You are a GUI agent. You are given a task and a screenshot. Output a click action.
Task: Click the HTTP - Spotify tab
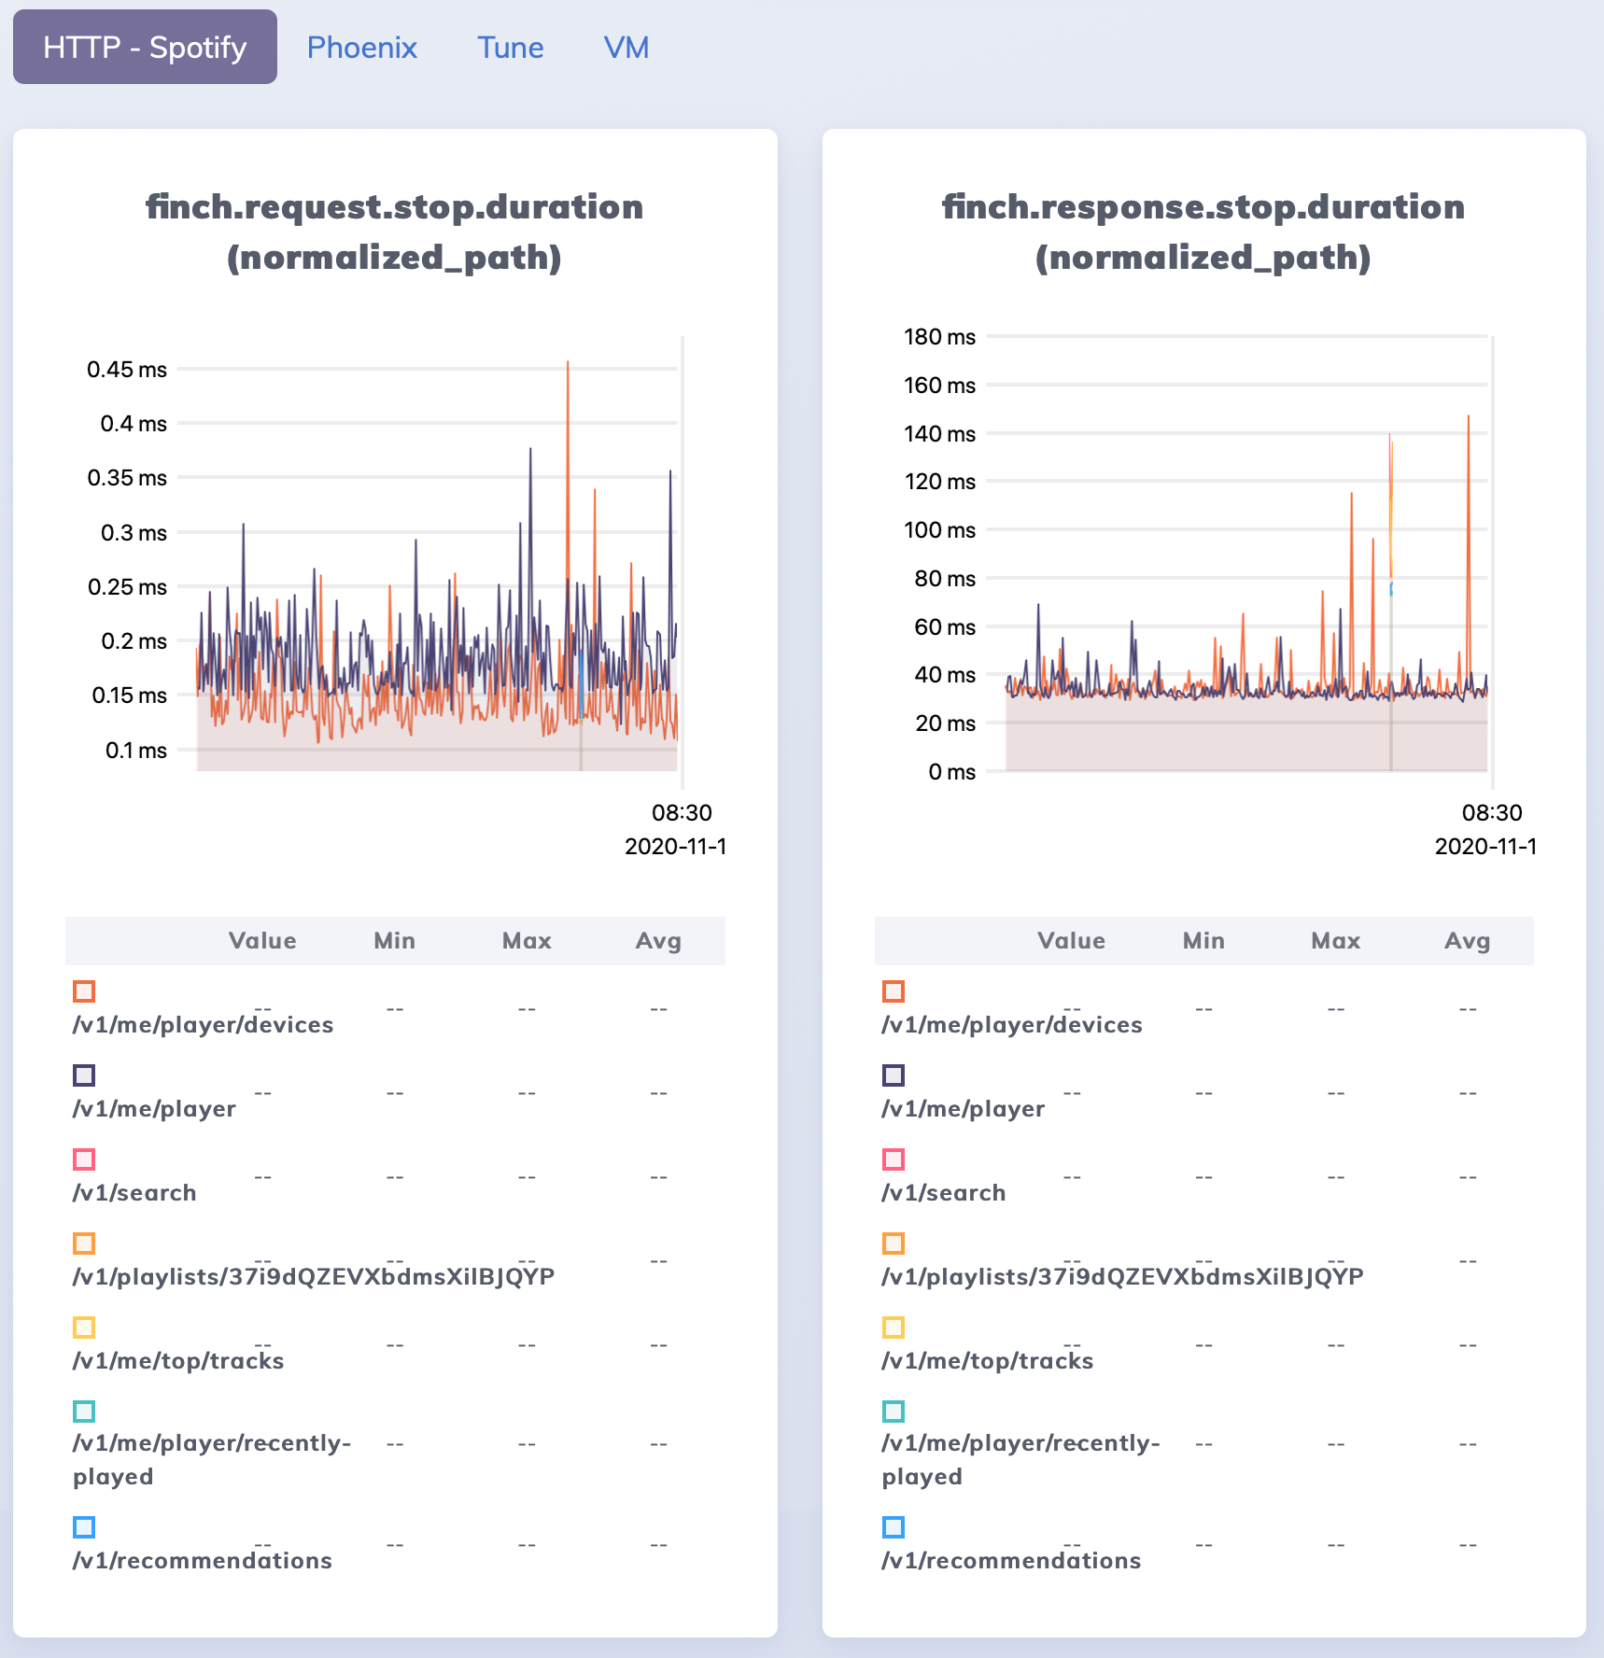pyautogui.click(x=145, y=48)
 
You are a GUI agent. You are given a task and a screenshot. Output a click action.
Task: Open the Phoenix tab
pyautogui.click(x=361, y=48)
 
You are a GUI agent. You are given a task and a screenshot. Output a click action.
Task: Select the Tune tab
pyautogui.click(x=510, y=48)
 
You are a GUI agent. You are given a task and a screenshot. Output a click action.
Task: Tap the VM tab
pyautogui.click(x=626, y=48)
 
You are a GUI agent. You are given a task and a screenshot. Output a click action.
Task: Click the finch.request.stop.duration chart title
pyautogui.click(x=394, y=232)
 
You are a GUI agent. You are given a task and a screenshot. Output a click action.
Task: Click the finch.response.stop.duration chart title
pyautogui.click(x=1203, y=232)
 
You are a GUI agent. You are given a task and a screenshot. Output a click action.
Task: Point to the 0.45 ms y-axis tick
pyautogui.click(x=127, y=370)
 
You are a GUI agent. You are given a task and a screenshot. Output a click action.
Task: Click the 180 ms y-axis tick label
pyautogui.click(x=939, y=337)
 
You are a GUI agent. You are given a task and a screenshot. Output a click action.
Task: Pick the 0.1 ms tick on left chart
pyautogui.click(x=135, y=751)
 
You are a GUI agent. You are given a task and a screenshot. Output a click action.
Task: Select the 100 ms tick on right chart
pyautogui.click(x=939, y=530)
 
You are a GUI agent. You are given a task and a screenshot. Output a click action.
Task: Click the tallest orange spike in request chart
pyautogui.click(x=568, y=364)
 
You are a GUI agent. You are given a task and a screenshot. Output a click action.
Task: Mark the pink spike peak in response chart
pyautogui.click(x=1389, y=436)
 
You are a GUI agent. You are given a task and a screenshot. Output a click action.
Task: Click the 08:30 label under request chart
pyautogui.click(x=682, y=812)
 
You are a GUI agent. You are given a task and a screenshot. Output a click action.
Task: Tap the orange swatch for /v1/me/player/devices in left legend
pyautogui.click(x=84, y=991)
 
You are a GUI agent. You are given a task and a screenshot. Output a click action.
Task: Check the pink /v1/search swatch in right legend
pyautogui.click(x=893, y=1159)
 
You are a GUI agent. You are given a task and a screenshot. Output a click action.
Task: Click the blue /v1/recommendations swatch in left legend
pyautogui.click(x=84, y=1527)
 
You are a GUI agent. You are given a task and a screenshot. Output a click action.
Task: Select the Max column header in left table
pyautogui.click(x=527, y=941)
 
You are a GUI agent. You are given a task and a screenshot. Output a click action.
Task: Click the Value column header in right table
pyautogui.click(x=1071, y=941)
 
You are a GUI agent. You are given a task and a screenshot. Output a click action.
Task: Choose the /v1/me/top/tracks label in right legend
pyautogui.click(x=987, y=1361)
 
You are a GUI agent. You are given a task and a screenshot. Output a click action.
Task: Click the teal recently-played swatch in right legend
pyautogui.click(x=893, y=1412)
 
